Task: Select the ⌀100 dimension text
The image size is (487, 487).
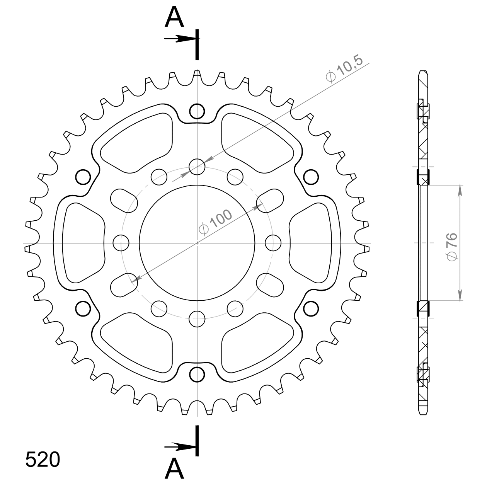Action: [x=215, y=222]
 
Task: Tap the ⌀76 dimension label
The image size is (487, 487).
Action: [x=452, y=247]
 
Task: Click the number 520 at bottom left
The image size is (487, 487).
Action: [x=43, y=460]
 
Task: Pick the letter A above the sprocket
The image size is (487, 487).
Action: [x=174, y=17]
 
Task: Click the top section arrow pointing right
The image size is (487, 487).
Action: [x=180, y=39]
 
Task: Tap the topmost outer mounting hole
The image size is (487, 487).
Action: [x=197, y=111]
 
